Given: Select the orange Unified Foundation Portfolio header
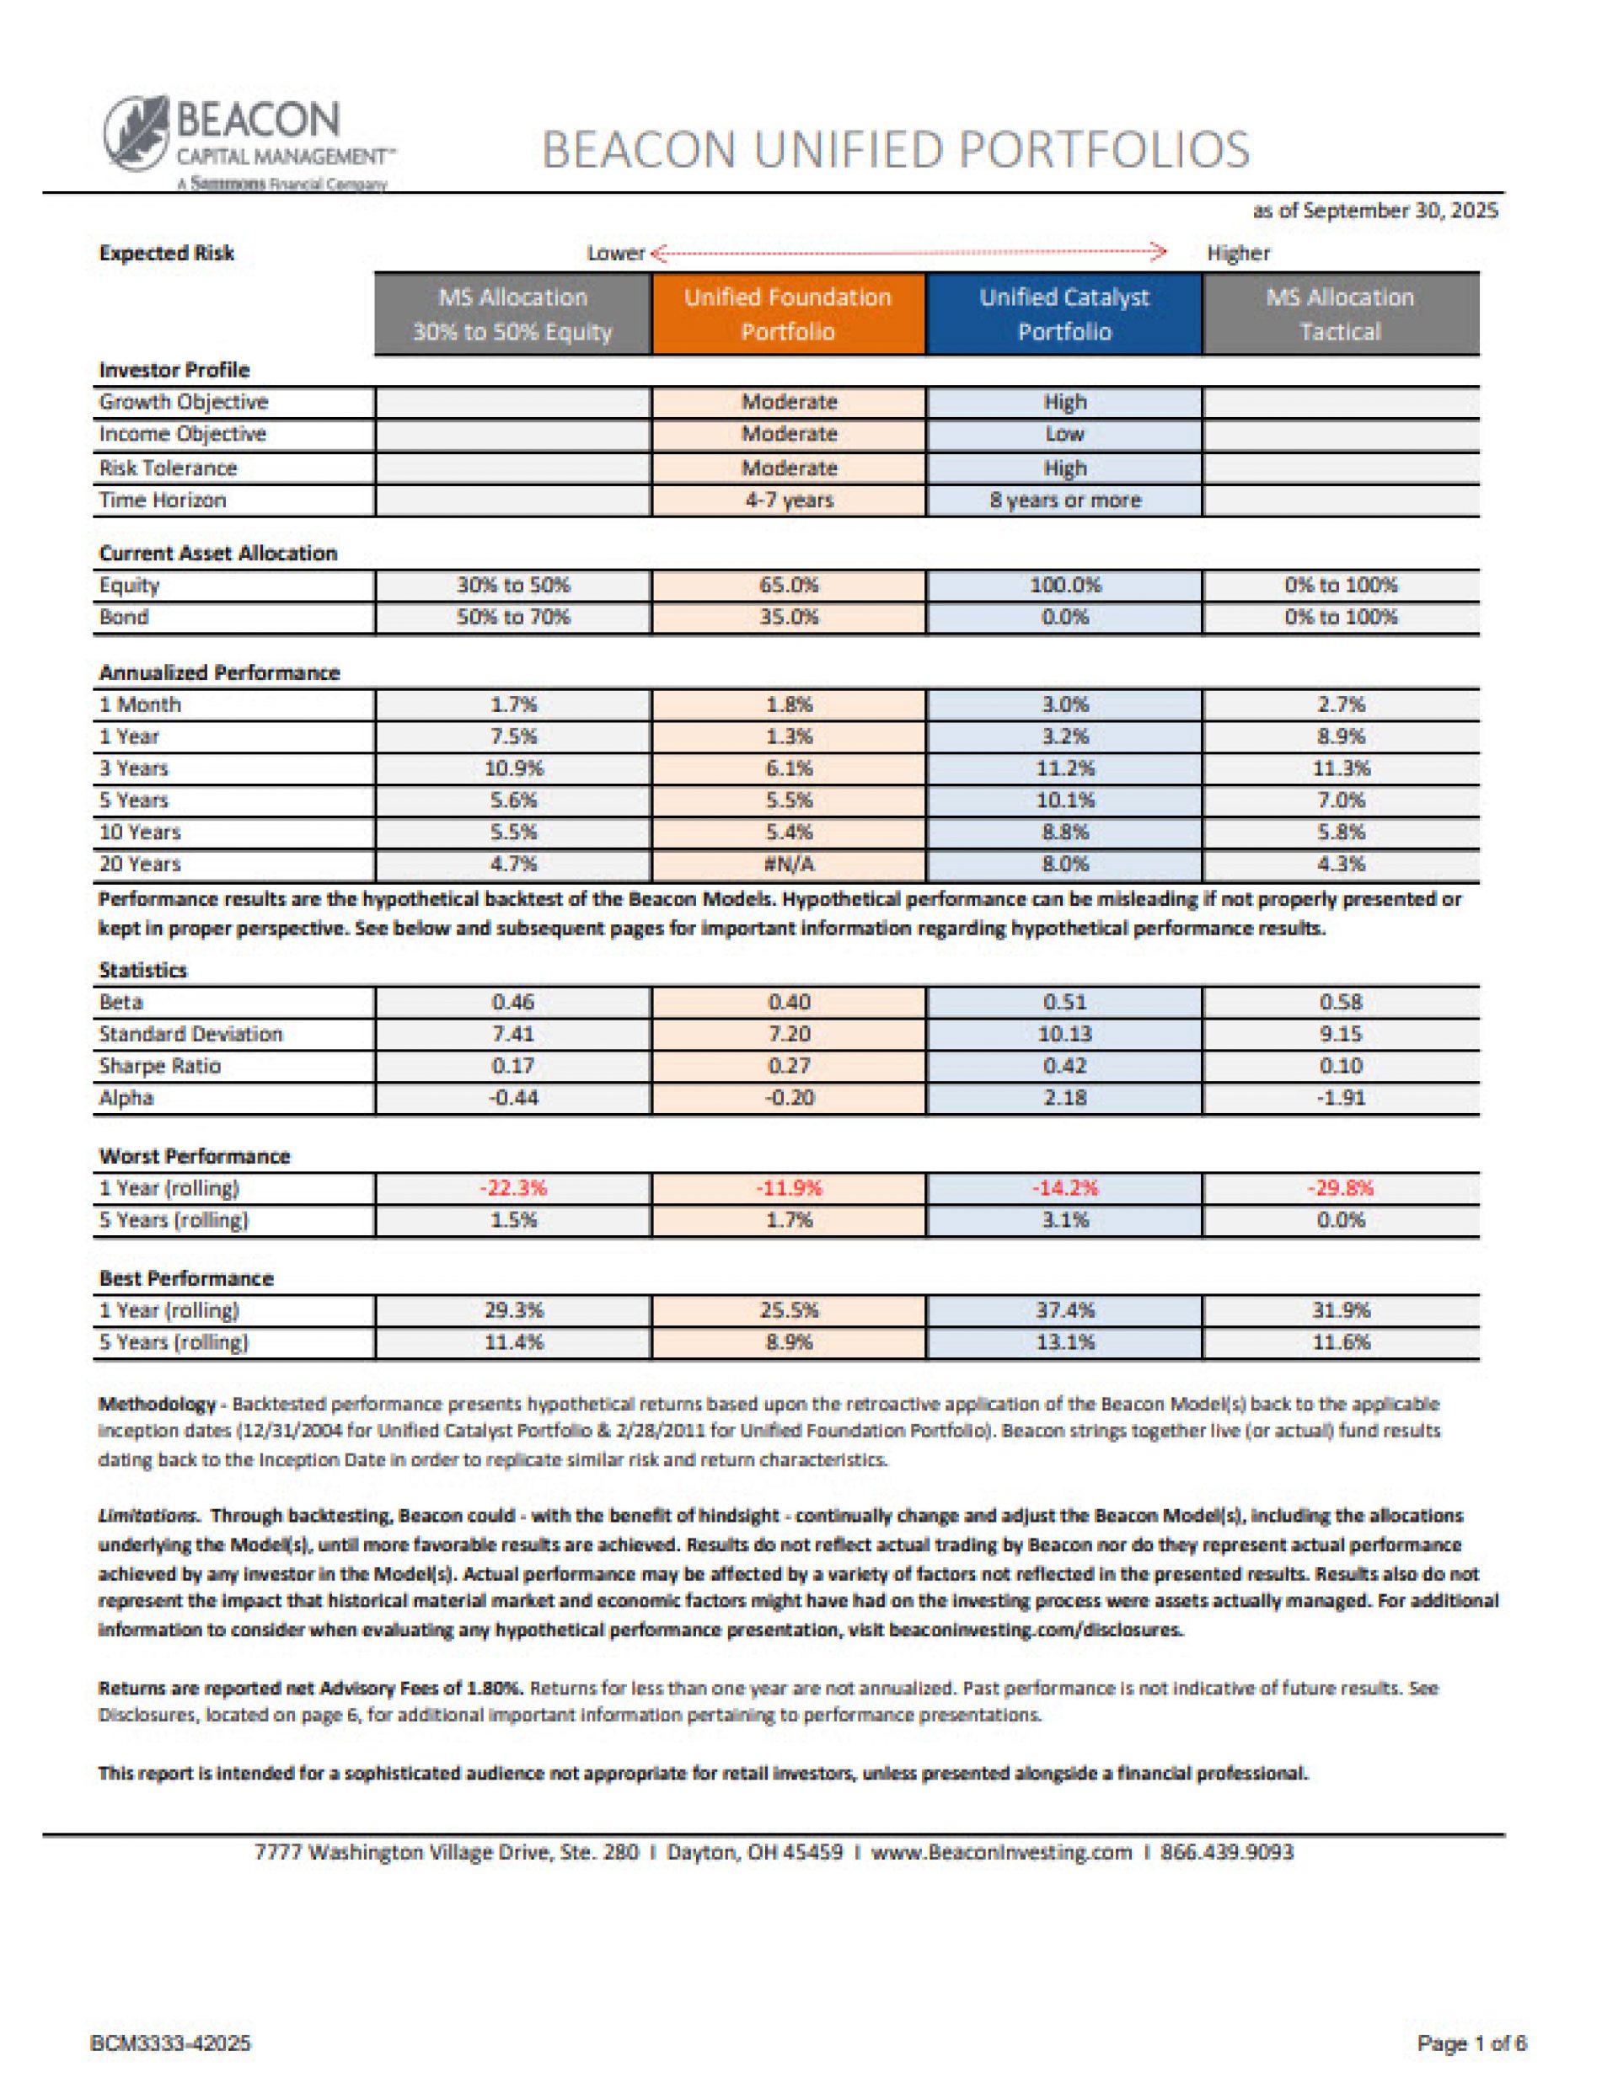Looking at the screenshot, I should tap(788, 314).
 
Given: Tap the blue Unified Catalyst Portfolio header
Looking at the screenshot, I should tap(1063, 314).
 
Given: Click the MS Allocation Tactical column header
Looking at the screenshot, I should tap(1340, 314).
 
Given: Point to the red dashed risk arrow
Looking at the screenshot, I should tap(908, 254).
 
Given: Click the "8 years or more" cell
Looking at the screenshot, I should tap(1064, 500).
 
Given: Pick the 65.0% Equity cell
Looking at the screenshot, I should tap(789, 585).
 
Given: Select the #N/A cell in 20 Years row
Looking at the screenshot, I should tap(789, 865).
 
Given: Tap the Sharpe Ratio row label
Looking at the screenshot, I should tap(160, 1066).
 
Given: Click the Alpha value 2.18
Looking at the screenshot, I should tap(1064, 1098).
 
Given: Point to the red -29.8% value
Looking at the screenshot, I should tap(1340, 1188).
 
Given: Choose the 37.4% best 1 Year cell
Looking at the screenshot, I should tap(1064, 1311).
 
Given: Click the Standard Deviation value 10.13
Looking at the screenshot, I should tap(1064, 1035).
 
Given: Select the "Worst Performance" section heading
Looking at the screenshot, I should tap(194, 1157).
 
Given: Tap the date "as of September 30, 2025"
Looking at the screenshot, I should tap(1374, 211).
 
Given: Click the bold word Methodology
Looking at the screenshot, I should tap(157, 1405).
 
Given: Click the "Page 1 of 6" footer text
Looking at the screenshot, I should tap(1471, 2044).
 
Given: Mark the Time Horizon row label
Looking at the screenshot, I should tap(163, 500).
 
